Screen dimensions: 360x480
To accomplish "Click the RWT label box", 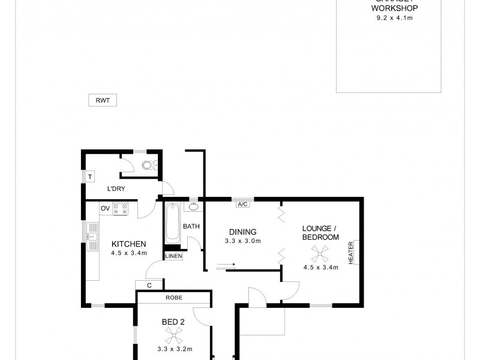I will click(102, 101).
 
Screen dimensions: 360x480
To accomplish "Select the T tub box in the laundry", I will click(90, 177).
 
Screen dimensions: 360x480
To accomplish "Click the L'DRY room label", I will click(116, 190).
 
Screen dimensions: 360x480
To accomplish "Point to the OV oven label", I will click(105, 208).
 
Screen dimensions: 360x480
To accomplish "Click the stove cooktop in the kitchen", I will click(121, 209).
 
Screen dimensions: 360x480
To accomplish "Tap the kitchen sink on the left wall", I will click(92, 236).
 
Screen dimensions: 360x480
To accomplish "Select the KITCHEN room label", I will click(129, 244).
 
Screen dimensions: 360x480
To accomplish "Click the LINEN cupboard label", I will click(173, 256).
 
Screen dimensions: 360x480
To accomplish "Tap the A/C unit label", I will click(243, 204).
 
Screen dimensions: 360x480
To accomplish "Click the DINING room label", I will click(242, 232).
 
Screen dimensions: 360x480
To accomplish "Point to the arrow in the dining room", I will click(226, 264).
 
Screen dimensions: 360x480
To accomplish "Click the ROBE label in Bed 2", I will click(174, 298).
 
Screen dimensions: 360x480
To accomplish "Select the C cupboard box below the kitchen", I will click(148, 285).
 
